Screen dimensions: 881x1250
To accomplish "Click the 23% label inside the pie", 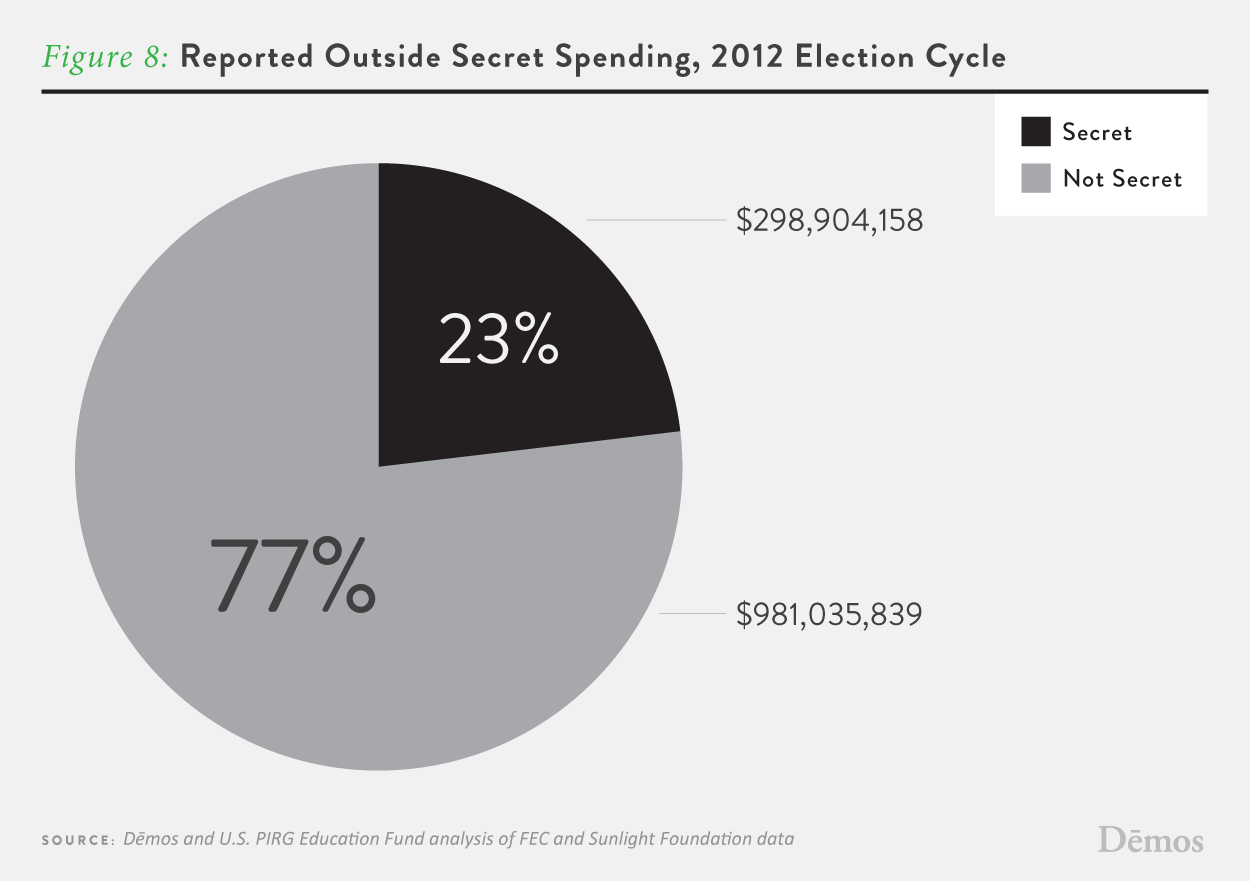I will (x=498, y=340).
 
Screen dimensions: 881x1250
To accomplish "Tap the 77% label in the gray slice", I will (x=293, y=576).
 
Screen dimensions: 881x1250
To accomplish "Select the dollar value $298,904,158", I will (x=829, y=220).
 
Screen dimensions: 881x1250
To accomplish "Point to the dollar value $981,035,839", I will (x=829, y=614).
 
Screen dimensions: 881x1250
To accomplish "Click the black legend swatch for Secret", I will (x=1036, y=132).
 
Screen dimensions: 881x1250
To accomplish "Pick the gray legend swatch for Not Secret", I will (x=1036, y=179).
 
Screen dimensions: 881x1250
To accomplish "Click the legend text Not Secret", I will (x=1122, y=179).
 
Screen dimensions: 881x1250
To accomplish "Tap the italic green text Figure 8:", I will (x=104, y=56).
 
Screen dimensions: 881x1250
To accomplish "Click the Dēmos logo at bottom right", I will (x=1150, y=839).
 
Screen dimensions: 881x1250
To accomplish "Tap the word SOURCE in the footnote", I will (x=76, y=840).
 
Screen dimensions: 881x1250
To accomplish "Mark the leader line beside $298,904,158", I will (x=654, y=220).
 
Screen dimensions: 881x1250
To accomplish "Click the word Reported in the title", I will (x=246, y=57).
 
